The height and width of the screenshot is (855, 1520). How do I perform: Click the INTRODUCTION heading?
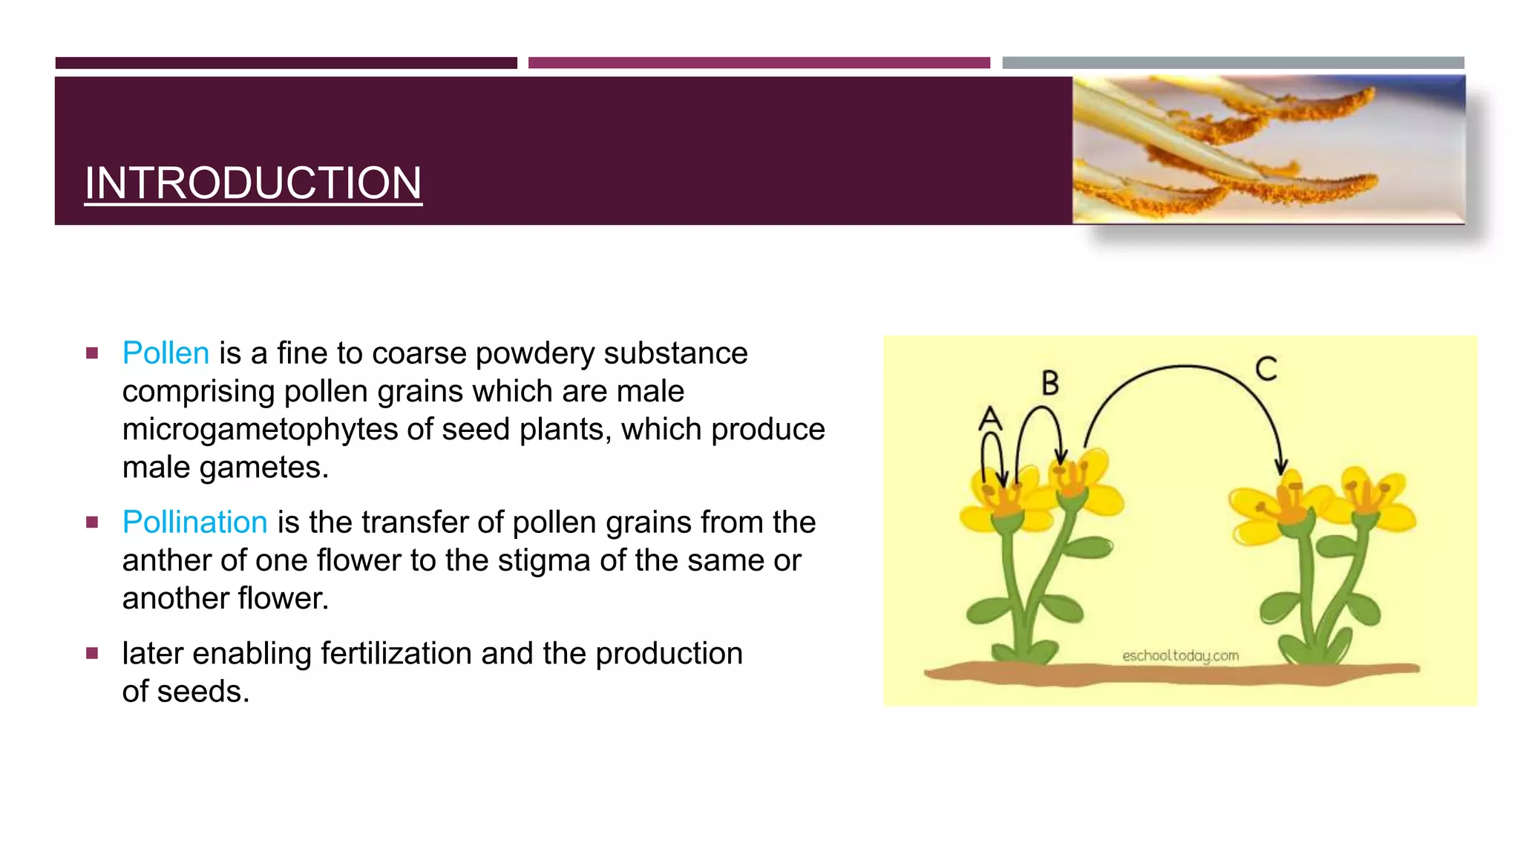coord(253,183)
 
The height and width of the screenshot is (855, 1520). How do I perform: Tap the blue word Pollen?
coord(166,353)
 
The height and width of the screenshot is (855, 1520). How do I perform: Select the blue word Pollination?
coord(194,522)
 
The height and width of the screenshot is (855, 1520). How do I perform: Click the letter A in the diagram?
coord(990,419)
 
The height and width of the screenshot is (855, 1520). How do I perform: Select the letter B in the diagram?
coord(1049,384)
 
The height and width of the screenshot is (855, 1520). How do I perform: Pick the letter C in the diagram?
coord(1266,369)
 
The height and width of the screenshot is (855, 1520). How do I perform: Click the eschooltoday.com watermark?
coord(1180,656)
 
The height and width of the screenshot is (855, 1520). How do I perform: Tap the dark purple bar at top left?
coord(286,63)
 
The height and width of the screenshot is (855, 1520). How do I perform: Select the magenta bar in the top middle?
coord(759,63)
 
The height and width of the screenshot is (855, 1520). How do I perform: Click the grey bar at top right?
coord(1233,63)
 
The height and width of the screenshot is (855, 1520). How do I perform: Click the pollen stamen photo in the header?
coord(1268,150)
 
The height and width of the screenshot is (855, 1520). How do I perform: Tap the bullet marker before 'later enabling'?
coord(92,654)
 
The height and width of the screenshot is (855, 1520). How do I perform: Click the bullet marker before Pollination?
coord(92,522)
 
